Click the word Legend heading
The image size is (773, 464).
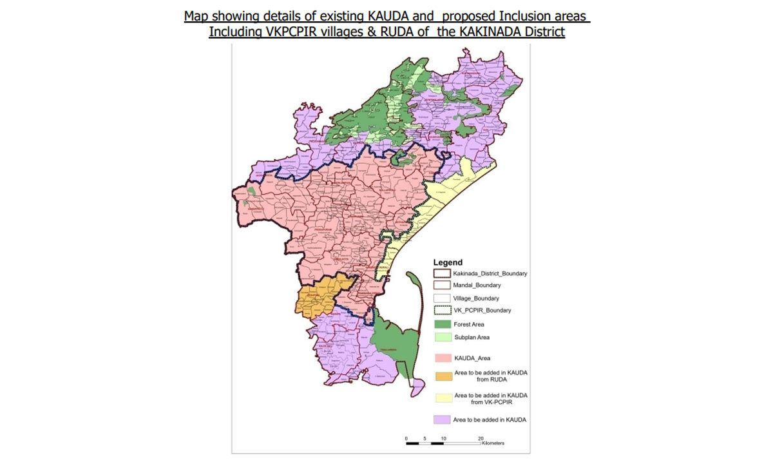click(x=448, y=263)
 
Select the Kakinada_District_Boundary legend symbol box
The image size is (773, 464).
click(x=441, y=274)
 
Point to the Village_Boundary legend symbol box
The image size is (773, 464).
click(x=441, y=298)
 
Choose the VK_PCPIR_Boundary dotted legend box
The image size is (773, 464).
click(x=441, y=310)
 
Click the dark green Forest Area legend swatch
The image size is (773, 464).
click(x=441, y=324)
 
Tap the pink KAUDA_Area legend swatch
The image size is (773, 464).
click(x=441, y=356)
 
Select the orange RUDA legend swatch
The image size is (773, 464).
click(x=441, y=376)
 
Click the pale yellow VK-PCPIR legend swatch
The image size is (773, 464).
click(x=441, y=398)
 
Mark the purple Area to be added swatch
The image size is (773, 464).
click(x=441, y=420)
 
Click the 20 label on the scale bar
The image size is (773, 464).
click(x=481, y=438)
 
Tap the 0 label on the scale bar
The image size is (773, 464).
click(x=406, y=438)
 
